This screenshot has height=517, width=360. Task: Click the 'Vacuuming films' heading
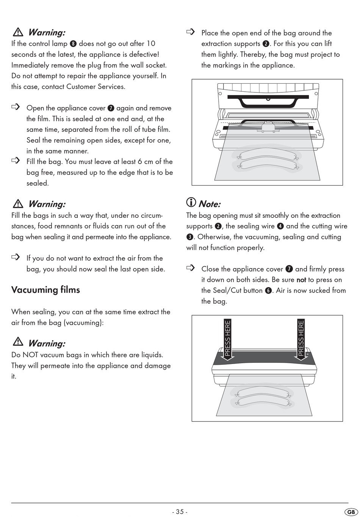click(x=45, y=290)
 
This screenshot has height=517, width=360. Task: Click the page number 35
click(x=180, y=512)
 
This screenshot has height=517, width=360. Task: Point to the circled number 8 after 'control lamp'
click(x=73, y=44)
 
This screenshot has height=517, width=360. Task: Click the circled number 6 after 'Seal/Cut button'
click(x=268, y=291)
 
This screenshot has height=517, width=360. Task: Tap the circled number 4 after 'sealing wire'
click(x=280, y=226)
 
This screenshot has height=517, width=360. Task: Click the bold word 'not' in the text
click(x=301, y=280)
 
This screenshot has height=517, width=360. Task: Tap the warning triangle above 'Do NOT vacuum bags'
click(x=18, y=342)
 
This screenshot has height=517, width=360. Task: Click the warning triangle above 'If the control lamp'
click(x=18, y=32)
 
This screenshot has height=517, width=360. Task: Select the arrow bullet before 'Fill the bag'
click(x=16, y=161)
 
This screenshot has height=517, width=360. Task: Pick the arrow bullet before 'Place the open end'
click(x=191, y=32)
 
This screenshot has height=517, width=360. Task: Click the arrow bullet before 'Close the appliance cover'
click(x=191, y=268)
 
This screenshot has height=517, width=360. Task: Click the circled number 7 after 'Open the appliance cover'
click(x=111, y=108)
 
